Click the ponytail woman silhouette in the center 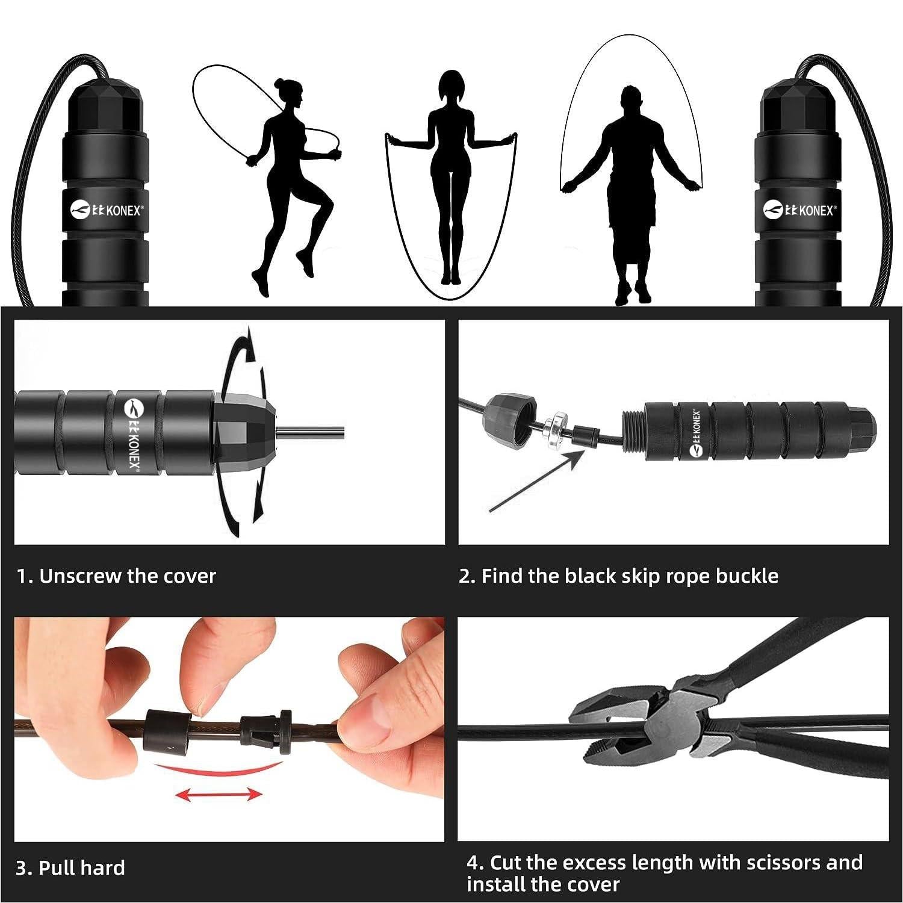(448, 181)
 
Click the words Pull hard (82, 867)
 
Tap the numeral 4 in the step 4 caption (473, 863)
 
